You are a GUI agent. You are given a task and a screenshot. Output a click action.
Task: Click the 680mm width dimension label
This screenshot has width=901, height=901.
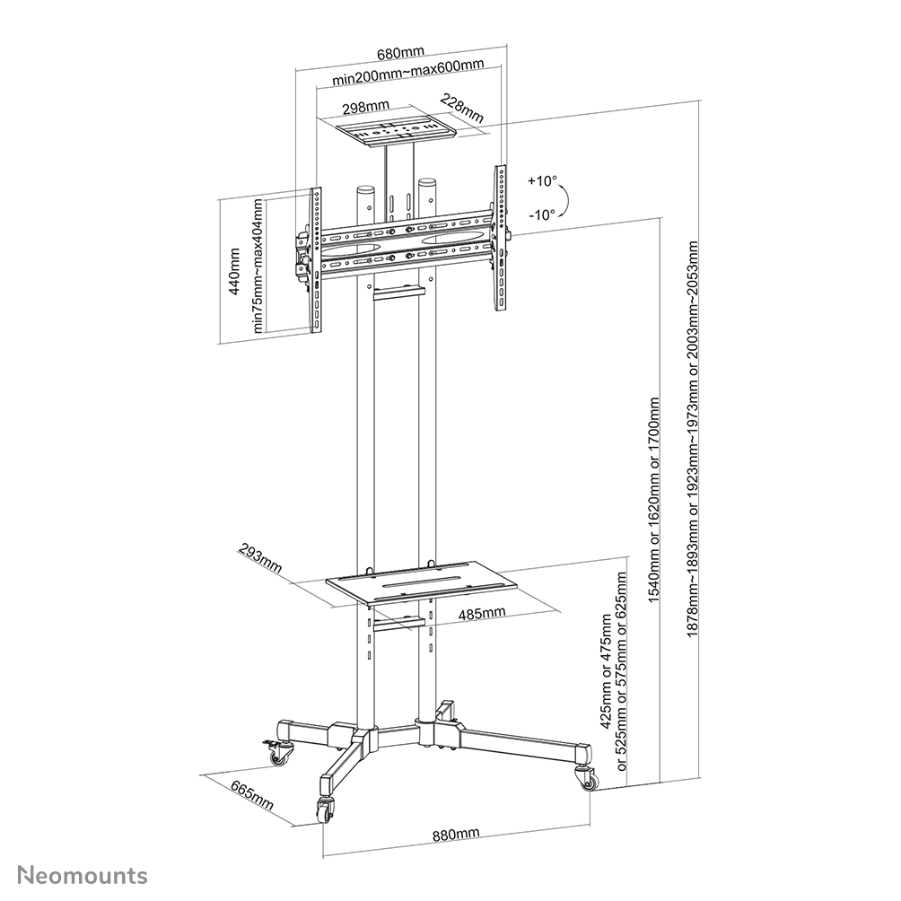tap(400, 52)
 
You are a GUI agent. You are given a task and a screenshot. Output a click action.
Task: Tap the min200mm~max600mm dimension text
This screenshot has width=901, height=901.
tap(407, 78)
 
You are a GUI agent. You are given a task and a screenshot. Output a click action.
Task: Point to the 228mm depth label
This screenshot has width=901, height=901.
tap(462, 109)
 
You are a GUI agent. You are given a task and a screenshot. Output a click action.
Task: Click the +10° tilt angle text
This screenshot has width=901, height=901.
tap(541, 180)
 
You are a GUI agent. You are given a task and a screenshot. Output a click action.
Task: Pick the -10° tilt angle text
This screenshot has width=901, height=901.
tap(541, 214)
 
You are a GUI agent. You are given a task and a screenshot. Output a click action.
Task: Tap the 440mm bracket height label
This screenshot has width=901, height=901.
tap(235, 272)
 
